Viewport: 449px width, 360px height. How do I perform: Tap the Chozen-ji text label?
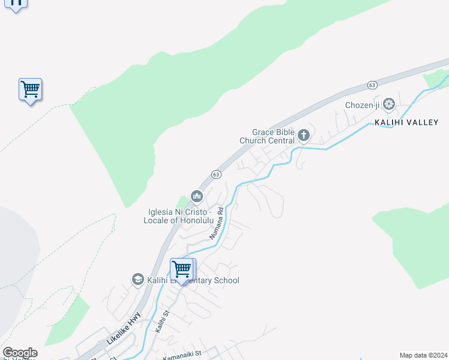[363, 106]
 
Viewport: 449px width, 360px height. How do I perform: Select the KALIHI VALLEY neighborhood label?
[406, 122]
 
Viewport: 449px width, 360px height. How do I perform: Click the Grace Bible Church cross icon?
[303, 136]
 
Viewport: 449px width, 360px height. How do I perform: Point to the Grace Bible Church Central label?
[267, 137]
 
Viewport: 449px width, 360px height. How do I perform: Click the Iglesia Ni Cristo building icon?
[196, 196]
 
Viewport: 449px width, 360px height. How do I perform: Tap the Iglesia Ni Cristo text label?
[178, 216]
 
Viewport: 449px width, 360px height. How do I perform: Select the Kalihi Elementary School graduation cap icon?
[137, 280]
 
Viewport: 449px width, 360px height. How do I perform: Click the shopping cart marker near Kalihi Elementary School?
[181, 269]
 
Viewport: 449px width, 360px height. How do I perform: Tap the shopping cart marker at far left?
[30, 89]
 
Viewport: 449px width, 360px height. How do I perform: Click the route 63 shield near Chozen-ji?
[372, 85]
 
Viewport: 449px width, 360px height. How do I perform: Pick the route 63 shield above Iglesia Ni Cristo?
[216, 174]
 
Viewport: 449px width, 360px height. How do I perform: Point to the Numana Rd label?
[216, 224]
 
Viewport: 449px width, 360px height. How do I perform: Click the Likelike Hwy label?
[124, 328]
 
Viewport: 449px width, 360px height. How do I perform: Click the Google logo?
[20, 353]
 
